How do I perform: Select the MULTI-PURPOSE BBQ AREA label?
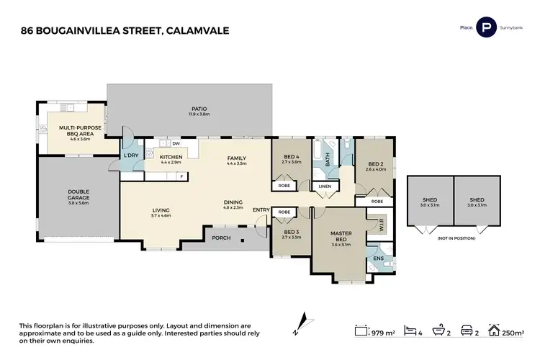(80, 130)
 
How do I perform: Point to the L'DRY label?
(131, 155)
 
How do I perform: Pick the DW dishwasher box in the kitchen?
(175, 143)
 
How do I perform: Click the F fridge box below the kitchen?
(182, 176)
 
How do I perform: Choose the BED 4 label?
(291, 159)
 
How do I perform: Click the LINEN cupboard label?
(324, 187)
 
